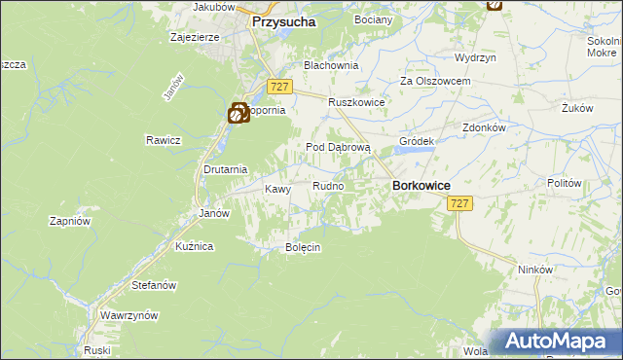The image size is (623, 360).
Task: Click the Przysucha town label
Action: click(x=284, y=20)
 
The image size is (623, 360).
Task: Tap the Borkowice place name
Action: click(x=420, y=185)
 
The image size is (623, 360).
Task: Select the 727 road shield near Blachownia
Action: click(x=278, y=87)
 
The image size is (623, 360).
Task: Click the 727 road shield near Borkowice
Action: click(x=460, y=203)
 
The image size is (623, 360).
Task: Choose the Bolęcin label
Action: click(x=302, y=247)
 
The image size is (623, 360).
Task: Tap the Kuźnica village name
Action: click(x=194, y=247)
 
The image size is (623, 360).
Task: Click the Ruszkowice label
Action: click(x=357, y=102)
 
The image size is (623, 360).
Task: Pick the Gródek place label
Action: click(x=417, y=141)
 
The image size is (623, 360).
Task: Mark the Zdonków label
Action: click(x=484, y=127)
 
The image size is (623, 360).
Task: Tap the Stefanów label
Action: click(x=153, y=286)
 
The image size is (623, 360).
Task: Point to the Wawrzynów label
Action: click(x=129, y=316)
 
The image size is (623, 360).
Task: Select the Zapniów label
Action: click(x=70, y=221)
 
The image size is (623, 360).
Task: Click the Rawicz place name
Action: click(x=165, y=140)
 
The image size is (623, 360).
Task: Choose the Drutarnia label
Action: click(x=223, y=168)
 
